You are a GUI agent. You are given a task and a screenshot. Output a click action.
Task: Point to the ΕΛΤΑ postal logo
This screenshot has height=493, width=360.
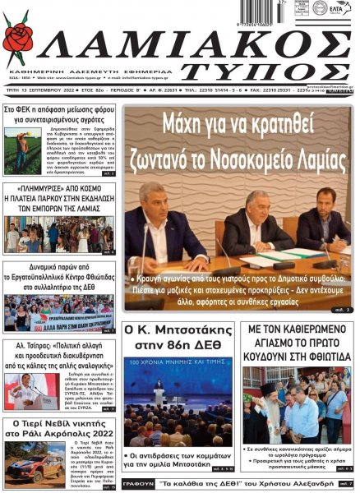[338, 10]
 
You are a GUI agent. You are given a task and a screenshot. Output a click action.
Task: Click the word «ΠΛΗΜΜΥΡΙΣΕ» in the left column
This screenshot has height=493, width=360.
[30, 188]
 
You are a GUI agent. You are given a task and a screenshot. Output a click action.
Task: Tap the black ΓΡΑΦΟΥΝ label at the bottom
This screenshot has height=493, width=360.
[137, 484]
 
